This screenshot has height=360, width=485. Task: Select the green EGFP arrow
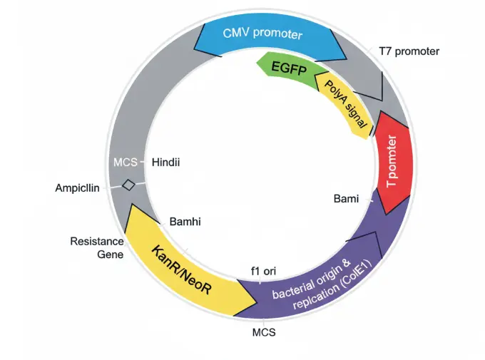pyautogui.click(x=287, y=68)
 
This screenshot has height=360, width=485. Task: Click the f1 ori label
pyautogui.click(x=263, y=271)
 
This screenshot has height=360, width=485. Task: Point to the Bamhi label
pyautogui.click(x=185, y=222)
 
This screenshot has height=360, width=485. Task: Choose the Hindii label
pyautogui.click(x=165, y=163)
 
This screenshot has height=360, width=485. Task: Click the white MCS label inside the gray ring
pyautogui.click(x=125, y=163)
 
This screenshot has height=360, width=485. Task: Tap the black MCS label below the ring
pyautogui.click(x=263, y=331)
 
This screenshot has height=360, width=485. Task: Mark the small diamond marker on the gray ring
pyautogui.click(x=128, y=185)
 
